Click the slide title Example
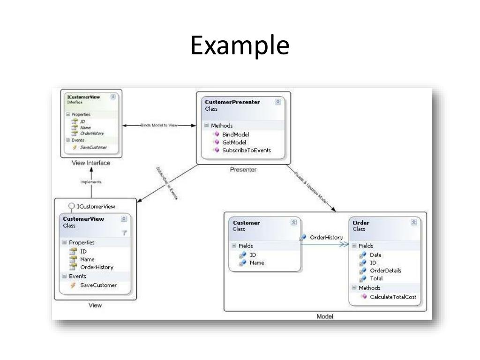[240, 46]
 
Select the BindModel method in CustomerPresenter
[235, 134]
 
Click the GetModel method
[234, 142]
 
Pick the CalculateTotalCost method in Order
[392, 297]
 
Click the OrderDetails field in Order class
[385, 270]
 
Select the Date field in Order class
[375, 255]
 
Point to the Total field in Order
[376, 278]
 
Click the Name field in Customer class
[256, 263]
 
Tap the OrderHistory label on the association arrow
[326, 237]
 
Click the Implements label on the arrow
[91, 181]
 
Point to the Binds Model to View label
[159, 125]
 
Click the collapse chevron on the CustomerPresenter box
[278, 102]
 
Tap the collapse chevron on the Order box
[413, 223]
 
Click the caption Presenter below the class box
[243, 170]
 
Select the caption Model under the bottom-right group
[325, 316]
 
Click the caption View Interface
[91, 163]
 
